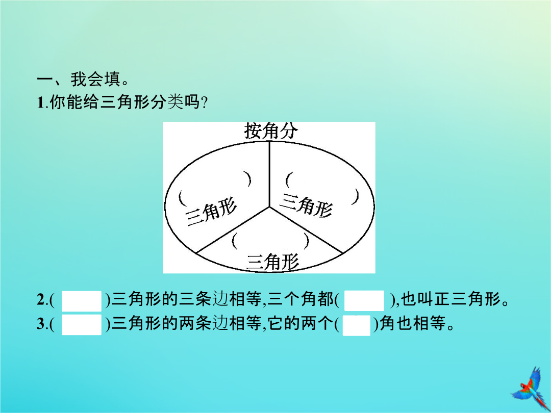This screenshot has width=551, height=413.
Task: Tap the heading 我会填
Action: coord(95,80)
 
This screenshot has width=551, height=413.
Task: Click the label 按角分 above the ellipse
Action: coord(271,131)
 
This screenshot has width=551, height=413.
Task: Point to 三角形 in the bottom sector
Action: coord(273,262)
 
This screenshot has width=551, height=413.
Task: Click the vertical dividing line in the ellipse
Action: coord(269,174)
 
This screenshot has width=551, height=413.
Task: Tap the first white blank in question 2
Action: coord(82,301)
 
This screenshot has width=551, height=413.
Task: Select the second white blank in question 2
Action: coord(364,301)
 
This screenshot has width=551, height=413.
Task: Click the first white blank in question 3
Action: coord(82,324)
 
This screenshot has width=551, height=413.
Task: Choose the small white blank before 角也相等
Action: coord(356,325)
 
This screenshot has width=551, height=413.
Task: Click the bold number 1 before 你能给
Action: coord(40,103)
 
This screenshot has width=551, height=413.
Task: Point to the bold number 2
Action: coord(40,300)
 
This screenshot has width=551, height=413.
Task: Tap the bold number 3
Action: coord(40,324)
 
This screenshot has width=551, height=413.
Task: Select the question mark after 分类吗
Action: coord(204,103)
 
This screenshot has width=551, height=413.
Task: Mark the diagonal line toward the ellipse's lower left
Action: coord(233,230)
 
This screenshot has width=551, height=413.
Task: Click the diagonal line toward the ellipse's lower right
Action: coord(306,230)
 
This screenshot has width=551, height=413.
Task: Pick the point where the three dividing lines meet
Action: coord(269,207)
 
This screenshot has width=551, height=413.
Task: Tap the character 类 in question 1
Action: coord(174,103)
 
